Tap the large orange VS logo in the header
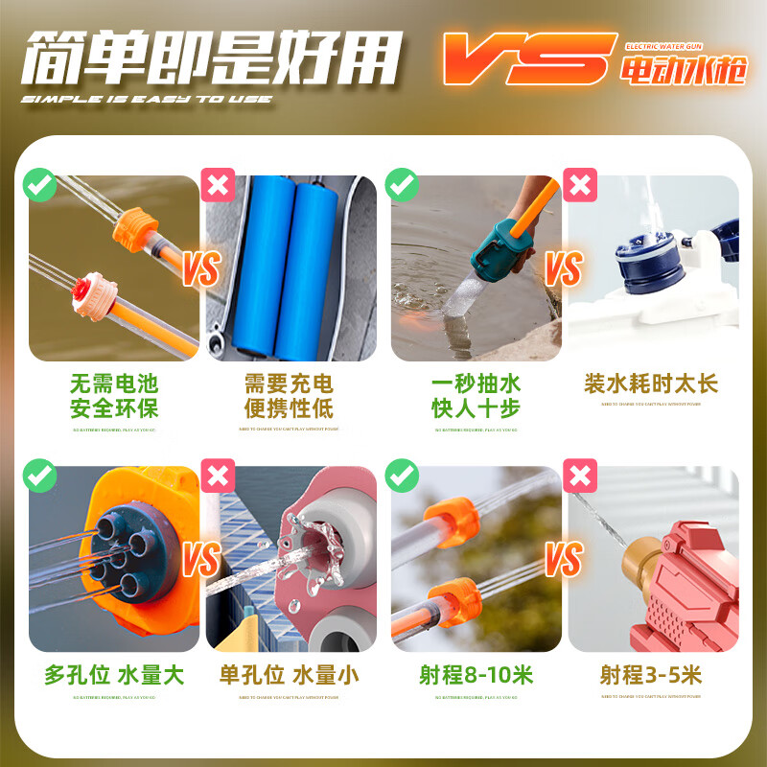(526, 58)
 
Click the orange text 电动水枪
(683, 71)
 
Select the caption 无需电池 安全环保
(114, 396)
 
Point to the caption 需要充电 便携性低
(289, 396)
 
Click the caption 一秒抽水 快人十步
(476, 396)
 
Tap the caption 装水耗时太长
(651, 384)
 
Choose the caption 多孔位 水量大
(114, 675)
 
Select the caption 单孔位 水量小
(289, 675)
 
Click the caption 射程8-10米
(476, 675)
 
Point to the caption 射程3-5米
(651, 675)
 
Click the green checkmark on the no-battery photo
(39, 183)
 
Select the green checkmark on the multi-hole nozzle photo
(39, 475)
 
